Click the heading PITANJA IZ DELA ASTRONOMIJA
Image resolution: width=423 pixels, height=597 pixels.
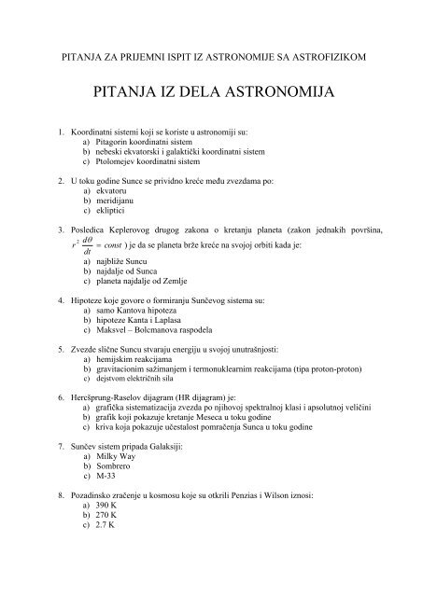coord(211,92)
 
